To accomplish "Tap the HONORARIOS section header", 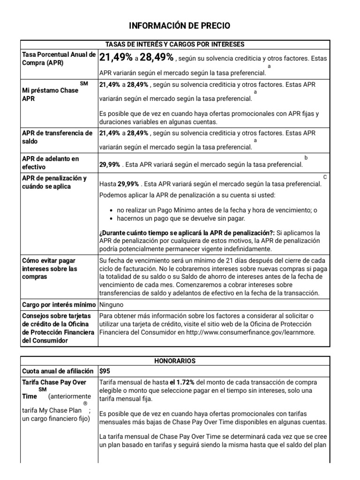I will coord(175,361).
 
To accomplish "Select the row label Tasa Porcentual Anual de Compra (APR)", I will coord(59,59).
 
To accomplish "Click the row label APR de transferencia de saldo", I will coord(57,137).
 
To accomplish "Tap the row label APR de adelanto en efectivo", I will coord(51,163).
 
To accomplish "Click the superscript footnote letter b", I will coord(306,158).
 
